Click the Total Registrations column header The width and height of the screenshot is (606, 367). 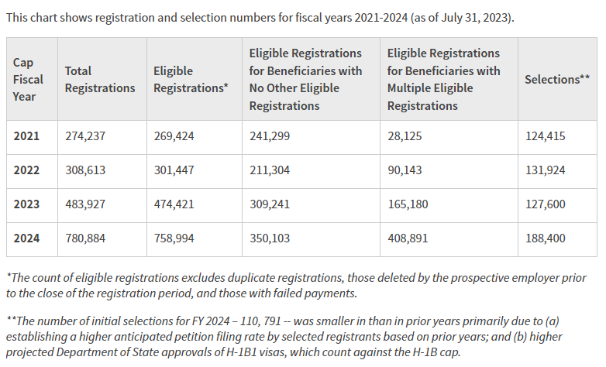click(x=99, y=79)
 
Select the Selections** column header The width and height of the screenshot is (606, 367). click(x=557, y=79)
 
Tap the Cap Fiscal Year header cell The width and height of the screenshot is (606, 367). click(x=29, y=79)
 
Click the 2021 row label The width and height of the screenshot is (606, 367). click(x=26, y=136)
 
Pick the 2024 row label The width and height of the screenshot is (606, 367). click(x=26, y=238)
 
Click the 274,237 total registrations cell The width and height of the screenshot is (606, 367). click(x=85, y=136)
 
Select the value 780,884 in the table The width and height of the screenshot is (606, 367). click(x=85, y=238)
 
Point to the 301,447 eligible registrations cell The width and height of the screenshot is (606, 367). click(x=174, y=170)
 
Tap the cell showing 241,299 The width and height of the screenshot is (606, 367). click(x=269, y=136)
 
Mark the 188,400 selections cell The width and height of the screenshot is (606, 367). click(x=545, y=238)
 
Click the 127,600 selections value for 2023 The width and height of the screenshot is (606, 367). click(x=545, y=204)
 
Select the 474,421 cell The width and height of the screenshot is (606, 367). click(x=174, y=204)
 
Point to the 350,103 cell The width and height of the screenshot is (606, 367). click(x=269, y=238)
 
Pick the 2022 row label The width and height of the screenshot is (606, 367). click(x=26, y=170)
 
